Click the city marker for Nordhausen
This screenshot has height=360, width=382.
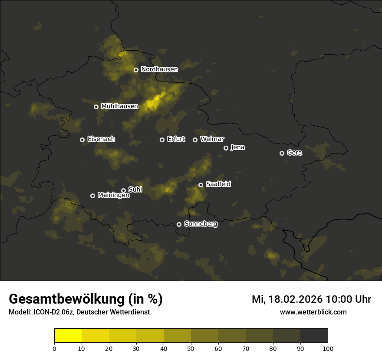pos(136,70)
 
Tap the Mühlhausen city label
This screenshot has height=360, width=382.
pos(119,106)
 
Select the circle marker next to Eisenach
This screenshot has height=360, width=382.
pos(82,140)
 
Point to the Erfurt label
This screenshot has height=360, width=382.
pos(176,139)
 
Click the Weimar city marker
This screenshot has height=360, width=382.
pos(195,140)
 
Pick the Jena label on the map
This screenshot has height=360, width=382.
pos(237,147)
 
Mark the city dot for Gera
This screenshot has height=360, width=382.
pos(282,153)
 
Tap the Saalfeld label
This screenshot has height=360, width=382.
pos(218,184)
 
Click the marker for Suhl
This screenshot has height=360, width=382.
pos(123,190)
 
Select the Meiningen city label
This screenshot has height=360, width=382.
pos(113,196)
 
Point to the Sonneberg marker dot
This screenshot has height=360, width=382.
pos(179,225)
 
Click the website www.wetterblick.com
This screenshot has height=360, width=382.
pos(313,312)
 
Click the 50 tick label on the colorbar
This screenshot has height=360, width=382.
pos(191,348)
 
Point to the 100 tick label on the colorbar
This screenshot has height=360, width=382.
pos(328,348)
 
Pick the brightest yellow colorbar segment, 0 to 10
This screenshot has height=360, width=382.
pos(68,335)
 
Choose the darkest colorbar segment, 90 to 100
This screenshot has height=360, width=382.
pos(314,335)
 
